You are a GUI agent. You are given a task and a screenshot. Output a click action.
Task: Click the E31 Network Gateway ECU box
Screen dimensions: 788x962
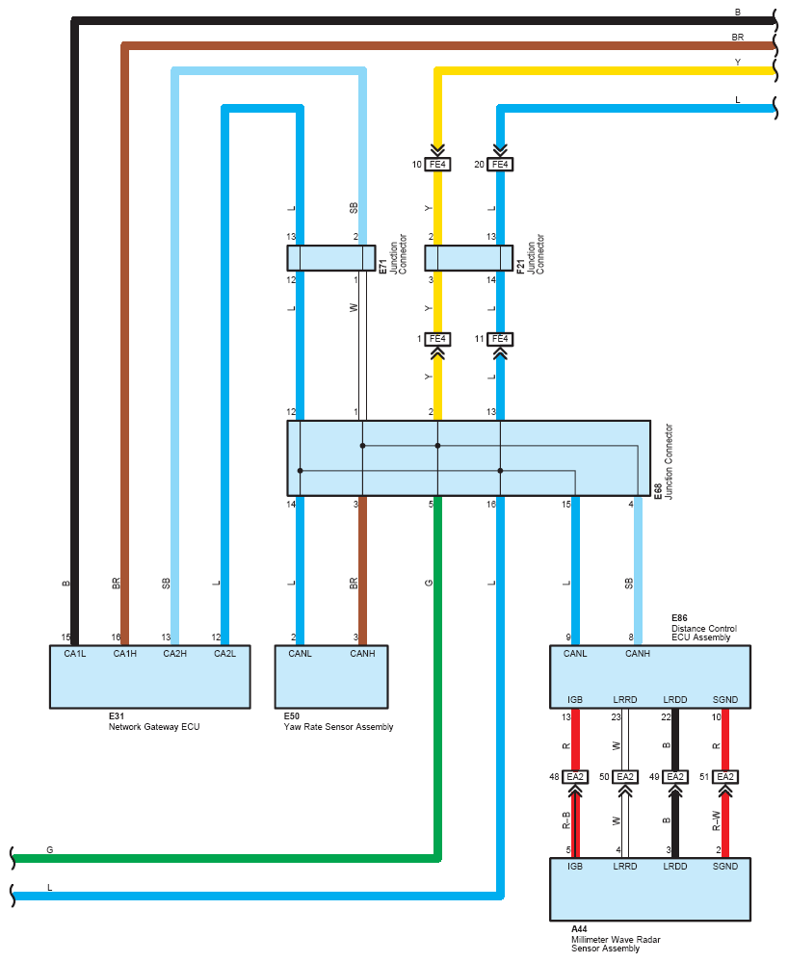(x=149, y=677)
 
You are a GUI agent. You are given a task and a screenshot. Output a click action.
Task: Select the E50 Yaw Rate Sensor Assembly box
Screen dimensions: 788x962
(x=331, y=677)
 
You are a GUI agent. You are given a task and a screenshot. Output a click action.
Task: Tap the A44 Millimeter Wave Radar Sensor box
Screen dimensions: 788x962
(x=650, y=889)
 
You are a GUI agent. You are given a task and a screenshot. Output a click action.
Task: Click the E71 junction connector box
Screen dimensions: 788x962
(x=331, y=258)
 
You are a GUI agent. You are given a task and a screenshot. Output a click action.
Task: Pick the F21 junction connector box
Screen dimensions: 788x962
(x=469, y=258)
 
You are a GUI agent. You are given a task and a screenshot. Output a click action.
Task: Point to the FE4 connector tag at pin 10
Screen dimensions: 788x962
(x=437, y=165)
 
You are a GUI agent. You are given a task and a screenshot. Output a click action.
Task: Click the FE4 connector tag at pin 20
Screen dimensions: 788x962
(x=500, y=165)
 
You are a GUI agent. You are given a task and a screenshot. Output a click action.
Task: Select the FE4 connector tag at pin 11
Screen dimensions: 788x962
(x=500, y=339)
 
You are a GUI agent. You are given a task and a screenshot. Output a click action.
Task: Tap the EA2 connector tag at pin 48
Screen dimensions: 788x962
(x=575, y=777)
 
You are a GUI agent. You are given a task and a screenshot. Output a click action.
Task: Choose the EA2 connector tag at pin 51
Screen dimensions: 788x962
(x=725, y=777)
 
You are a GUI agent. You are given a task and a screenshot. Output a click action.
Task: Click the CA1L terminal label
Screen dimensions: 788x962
(x=75, y=654)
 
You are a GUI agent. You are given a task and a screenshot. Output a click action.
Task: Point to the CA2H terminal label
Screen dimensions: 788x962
(x=175, y=654)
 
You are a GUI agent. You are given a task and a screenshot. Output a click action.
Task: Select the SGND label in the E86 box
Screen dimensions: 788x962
(x=725, y=700)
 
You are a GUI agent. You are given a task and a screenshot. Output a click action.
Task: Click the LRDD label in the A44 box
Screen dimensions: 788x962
(x=675, y=867)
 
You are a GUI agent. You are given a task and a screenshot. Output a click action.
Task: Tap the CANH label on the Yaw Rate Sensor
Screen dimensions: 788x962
(x=363, y=654)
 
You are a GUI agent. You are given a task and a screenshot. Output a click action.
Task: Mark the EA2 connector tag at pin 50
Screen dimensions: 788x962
(x=625, y=777)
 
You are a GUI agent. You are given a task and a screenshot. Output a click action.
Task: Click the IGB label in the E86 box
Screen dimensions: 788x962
(x=575, y=700)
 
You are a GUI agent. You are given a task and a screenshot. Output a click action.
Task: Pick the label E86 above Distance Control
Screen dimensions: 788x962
(x=679, y=618)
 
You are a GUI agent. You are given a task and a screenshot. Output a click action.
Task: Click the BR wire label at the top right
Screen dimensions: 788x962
(x=738, y=38)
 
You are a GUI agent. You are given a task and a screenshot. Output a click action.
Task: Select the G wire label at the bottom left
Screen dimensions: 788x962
(x=50, y=849)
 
